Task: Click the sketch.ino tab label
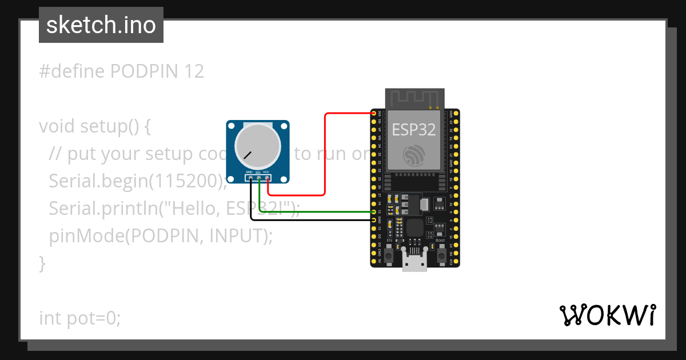101,26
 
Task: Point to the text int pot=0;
80,318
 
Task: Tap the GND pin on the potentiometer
250,179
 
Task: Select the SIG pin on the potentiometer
259,179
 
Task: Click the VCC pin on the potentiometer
267,179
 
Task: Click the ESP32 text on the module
414,130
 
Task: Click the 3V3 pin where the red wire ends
374,113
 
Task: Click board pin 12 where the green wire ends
374,212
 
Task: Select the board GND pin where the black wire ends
374,220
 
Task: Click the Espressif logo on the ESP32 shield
414,155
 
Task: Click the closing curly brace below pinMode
42,263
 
